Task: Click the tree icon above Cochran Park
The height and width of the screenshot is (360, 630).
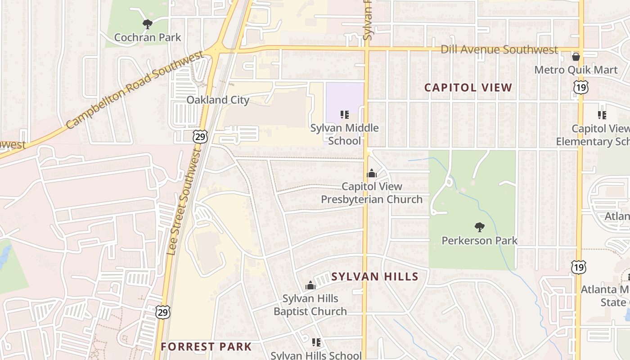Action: [147, 24]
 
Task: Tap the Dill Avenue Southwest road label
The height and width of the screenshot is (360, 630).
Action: [499, 49]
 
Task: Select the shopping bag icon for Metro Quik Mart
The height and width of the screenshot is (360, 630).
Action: [576, 57]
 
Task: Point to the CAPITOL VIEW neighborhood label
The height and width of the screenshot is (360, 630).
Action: [468, 88]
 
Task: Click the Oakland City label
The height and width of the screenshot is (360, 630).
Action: [218, 100]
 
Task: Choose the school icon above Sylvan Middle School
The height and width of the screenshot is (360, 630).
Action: [344, 115]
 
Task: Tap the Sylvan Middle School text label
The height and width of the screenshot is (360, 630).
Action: [344, 134]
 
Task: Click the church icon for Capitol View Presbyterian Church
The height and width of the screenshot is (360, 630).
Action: [372, 173]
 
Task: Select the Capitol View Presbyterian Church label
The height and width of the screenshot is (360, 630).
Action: [372, 193]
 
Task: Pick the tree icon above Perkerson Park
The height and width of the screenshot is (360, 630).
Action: [479, 227]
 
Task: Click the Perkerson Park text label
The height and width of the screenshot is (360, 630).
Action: [479, 241]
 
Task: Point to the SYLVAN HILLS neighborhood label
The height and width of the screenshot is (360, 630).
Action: [375, 277]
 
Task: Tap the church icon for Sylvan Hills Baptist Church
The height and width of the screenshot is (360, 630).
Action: [310, 285]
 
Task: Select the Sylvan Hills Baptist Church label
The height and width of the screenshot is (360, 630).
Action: [310, 305]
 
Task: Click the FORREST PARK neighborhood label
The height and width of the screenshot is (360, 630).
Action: [206, 346]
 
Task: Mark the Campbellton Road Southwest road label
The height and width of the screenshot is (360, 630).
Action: [135, 90]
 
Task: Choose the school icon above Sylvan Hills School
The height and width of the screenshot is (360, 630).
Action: [316, 342]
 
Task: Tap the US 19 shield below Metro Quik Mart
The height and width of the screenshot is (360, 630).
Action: [581, 87]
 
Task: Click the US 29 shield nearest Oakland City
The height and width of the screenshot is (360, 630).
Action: [201, 137]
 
